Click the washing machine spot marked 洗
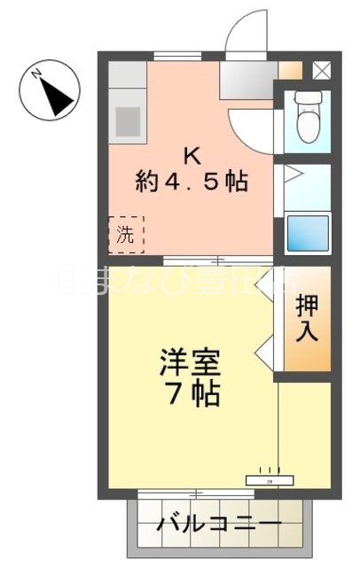click(126, 235)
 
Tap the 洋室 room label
click(190, 362)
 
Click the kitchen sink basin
click(126, 119)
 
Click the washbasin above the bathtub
click(296, 182)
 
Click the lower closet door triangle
click(263, 354)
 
